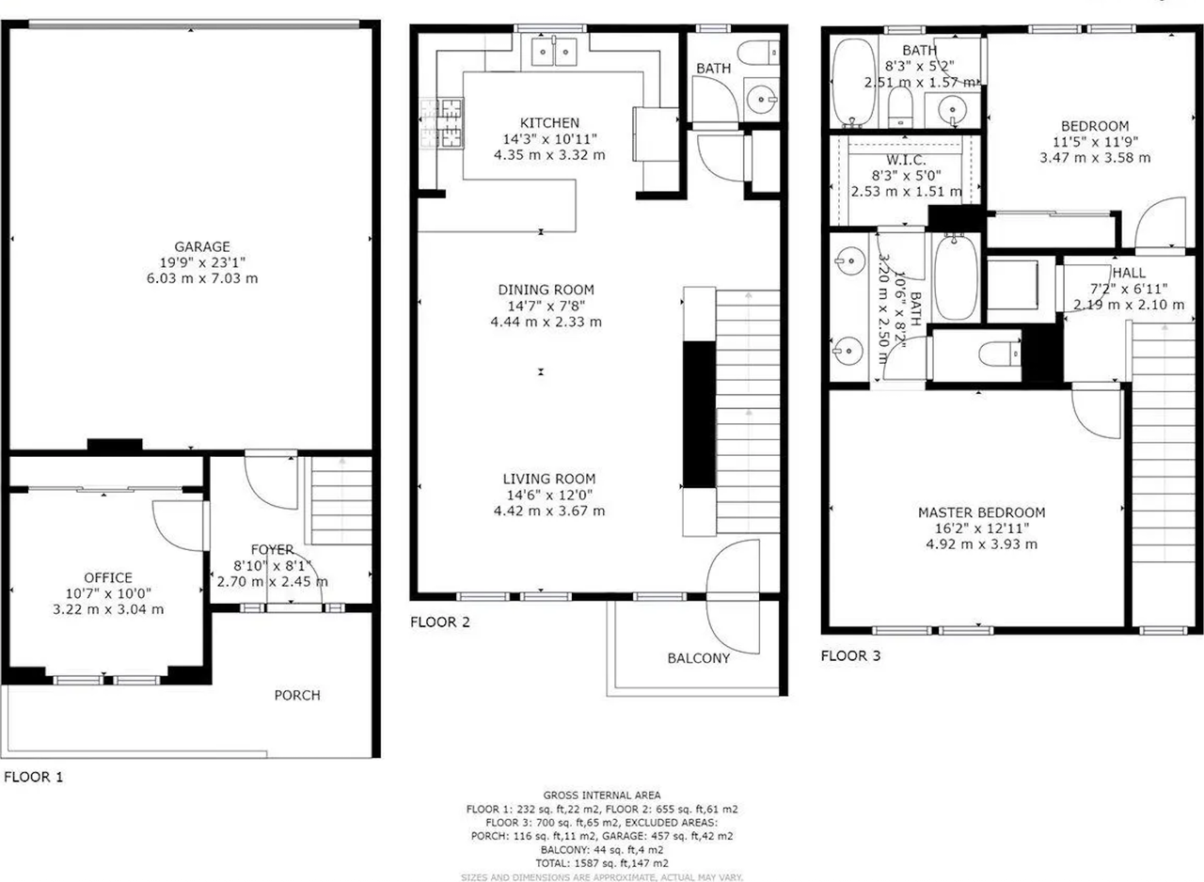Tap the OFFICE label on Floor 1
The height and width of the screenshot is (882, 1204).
[x=108, y=577]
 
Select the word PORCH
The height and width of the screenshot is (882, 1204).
[x=297, y=696]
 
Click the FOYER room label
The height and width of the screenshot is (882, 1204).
[x=272, y=549]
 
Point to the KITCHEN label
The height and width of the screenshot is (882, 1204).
[x=549, y=123]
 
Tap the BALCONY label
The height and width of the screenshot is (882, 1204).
[x=698, y=658]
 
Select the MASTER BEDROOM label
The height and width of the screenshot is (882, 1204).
[x=981, y=512]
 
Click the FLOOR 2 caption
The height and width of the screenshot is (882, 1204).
[x=440, y=622]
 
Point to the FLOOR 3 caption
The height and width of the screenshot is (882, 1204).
[x=850, y=655]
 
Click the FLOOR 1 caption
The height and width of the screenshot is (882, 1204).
[x=34, y=777]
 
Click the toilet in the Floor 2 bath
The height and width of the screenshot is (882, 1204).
[x=757, y=53]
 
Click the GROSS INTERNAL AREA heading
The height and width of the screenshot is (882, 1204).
[x=601, y=795]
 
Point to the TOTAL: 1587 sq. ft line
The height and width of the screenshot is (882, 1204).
[x=601, y=862]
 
